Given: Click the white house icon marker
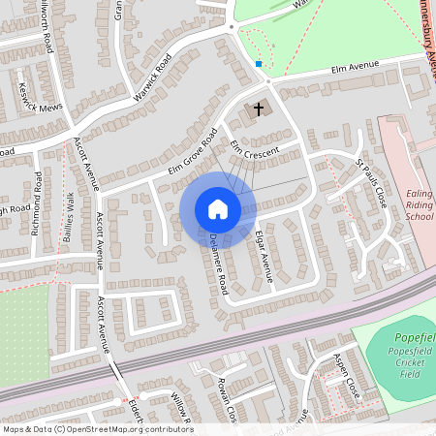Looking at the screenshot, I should click(218, 208).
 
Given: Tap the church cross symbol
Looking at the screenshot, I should click(259, 109).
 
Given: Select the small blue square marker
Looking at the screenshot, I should click(259, 64).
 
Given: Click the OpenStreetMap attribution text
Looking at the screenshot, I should click(98, 429).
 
